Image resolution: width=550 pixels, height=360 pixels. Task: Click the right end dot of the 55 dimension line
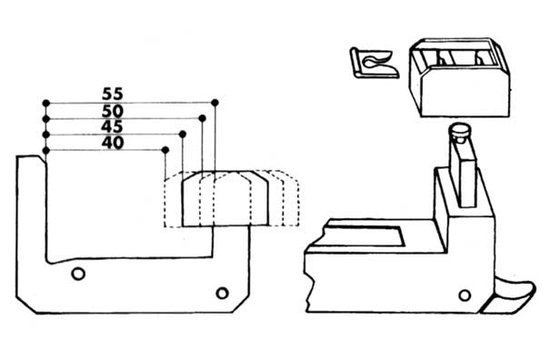[x=214, y=102]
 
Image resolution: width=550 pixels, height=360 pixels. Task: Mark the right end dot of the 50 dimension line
[x=199, y=117]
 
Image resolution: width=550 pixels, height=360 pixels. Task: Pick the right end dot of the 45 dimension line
[x=183, y=134]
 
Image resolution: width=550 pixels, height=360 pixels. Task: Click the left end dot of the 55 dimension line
[x=45, y=103]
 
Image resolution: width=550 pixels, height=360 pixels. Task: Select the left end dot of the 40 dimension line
[x=45, y=150]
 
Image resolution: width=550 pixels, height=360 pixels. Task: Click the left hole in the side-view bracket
[x=79, y=272]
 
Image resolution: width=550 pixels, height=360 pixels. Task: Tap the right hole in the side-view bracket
[x=222, y=292]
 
